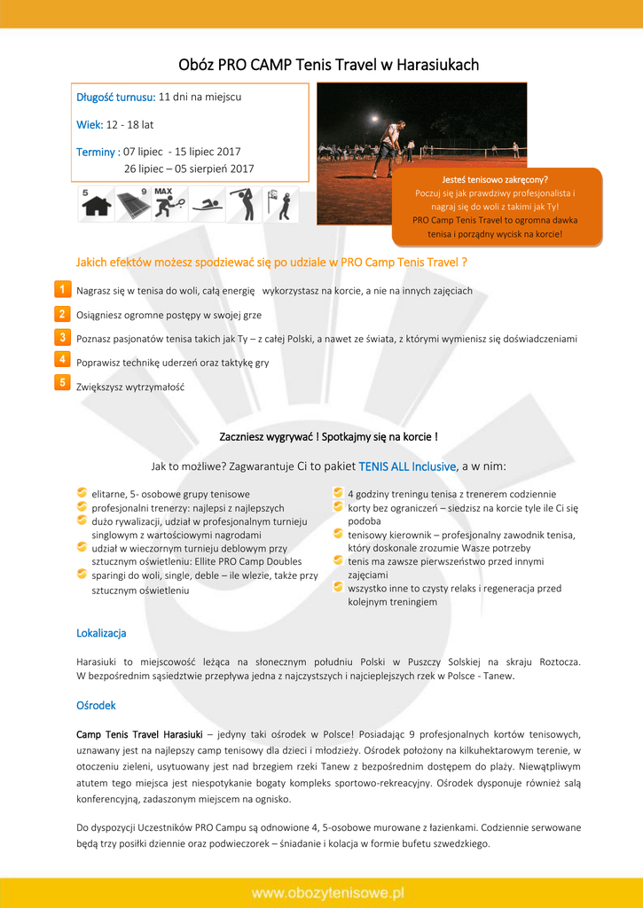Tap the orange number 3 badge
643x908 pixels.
tap(62, 338)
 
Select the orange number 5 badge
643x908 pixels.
tap(62, 382)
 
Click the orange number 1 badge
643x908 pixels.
tap(62, 290)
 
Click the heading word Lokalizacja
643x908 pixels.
tap(101, 633)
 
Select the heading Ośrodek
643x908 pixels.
tap(96, 705)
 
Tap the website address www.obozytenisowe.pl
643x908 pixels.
tap(327, 892)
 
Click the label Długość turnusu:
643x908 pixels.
tap(115, 97)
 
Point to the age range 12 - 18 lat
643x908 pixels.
tap(129, 125)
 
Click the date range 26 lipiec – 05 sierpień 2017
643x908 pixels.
tap(189, 168)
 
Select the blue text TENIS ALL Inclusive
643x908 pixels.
tap(407, 466)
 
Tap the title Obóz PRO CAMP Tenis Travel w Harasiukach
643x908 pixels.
tap(328, 65)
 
